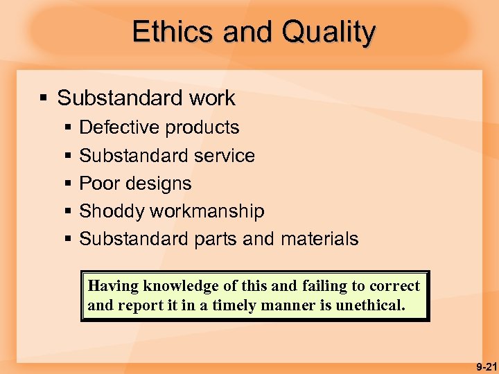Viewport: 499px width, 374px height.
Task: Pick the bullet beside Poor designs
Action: (x=68, y=184)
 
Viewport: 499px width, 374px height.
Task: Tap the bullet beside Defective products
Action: (x=68, y=128)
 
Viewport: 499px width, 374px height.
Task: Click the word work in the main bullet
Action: (x=213, y=98)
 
